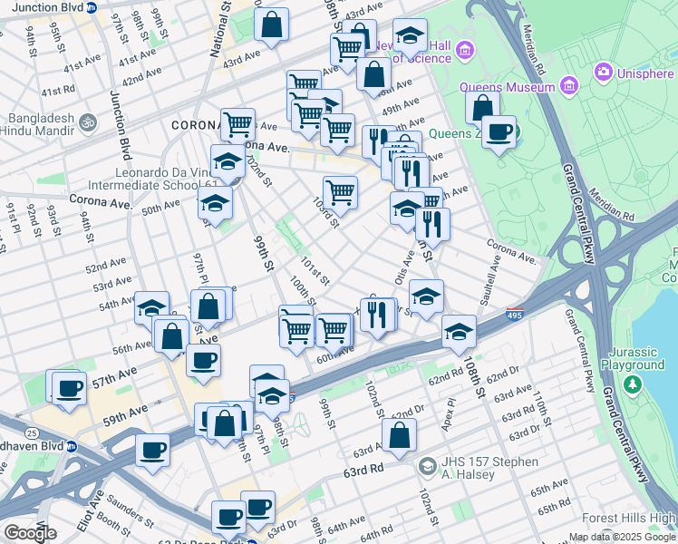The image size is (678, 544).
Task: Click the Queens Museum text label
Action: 507,88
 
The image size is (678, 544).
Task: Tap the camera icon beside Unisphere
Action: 603,71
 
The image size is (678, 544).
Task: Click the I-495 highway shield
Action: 514,315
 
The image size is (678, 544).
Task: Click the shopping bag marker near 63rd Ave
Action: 399,435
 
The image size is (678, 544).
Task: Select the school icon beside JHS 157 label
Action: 427,467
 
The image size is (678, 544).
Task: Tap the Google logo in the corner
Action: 29,533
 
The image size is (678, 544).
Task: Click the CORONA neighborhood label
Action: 194,124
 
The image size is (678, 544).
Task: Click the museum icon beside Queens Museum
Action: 569,87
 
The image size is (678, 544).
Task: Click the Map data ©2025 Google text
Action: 621,537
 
